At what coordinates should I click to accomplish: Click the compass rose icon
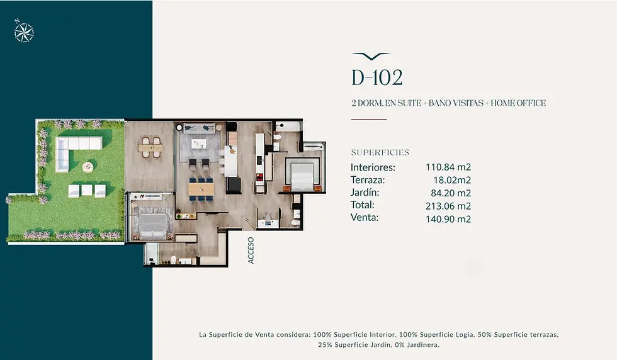[24, 31]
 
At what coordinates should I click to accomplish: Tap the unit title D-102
[377, 77]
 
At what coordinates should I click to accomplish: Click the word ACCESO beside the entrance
[251, 250]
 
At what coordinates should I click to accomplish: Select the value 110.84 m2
[448, 167]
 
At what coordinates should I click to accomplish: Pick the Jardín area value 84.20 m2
[451, 193]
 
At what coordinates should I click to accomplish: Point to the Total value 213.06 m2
[448, 206]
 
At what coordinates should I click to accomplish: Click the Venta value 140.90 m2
[448, 219]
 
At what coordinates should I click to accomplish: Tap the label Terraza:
[368, 180]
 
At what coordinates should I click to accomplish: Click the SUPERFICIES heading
[380, 153]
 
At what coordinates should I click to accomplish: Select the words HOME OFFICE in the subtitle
[518, 103]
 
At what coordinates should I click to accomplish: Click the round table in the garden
[88, 167]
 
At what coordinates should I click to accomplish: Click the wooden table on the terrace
[150, 148]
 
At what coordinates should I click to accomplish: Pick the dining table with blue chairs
[201, 189]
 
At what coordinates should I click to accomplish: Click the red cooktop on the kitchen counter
[259, 177]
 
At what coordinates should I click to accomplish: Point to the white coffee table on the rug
[199, 143]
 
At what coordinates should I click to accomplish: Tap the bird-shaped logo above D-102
[371, 56]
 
